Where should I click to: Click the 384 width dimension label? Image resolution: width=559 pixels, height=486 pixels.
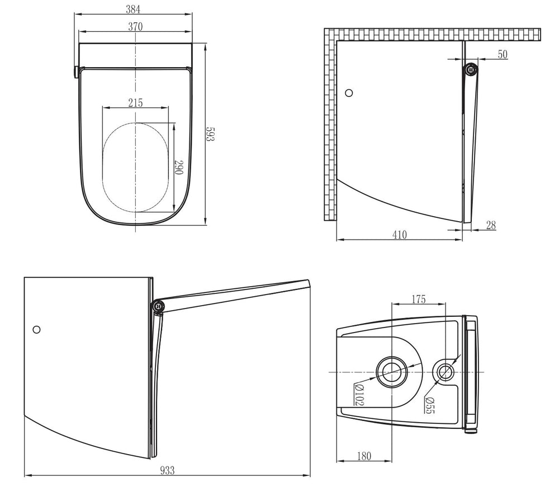134,10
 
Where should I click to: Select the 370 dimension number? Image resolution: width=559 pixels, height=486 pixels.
135,27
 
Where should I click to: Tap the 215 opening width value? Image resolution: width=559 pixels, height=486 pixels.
135,103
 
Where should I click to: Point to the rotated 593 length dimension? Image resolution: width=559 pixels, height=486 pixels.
210,134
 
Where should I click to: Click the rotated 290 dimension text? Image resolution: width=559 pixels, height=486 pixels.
179,167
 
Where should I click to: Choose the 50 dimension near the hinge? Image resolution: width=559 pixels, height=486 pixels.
503,54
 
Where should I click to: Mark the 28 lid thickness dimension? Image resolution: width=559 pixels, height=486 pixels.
491,225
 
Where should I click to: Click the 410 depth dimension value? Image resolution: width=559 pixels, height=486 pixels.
399,235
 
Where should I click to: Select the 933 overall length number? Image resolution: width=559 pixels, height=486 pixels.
167,470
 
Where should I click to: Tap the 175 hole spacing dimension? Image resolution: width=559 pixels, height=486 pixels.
419,299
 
